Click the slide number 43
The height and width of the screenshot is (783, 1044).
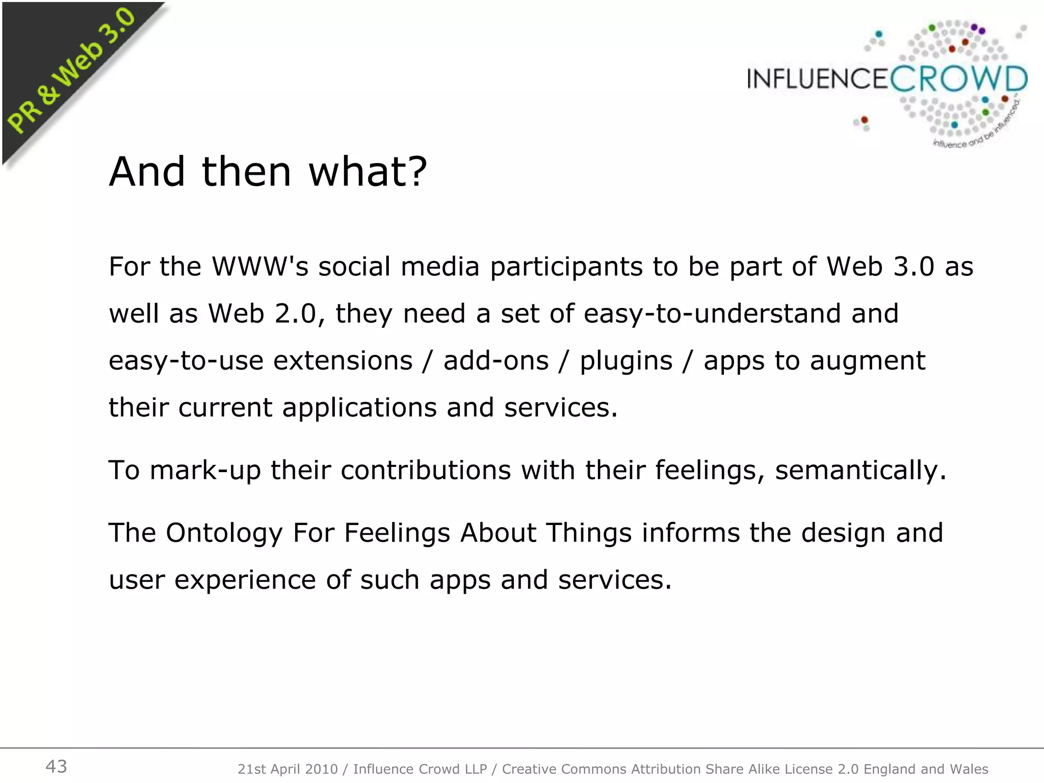(x=56, y=766)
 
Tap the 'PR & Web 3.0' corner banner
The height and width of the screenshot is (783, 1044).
(x=71, y=71)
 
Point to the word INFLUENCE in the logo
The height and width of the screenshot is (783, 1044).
(x=818, y=79)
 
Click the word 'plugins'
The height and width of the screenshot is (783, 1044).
(x=626, y=361)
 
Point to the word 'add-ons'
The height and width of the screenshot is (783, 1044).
(x=496, y=360)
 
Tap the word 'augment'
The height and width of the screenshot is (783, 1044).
(x=867, y=361)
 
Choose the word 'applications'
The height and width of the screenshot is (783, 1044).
(x=359, y=408)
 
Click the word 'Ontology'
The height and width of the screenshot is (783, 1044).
(x=224, y=534)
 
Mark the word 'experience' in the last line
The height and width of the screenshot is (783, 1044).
(x=245, y=581)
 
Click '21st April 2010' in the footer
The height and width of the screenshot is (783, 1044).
(x=288, y=769)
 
